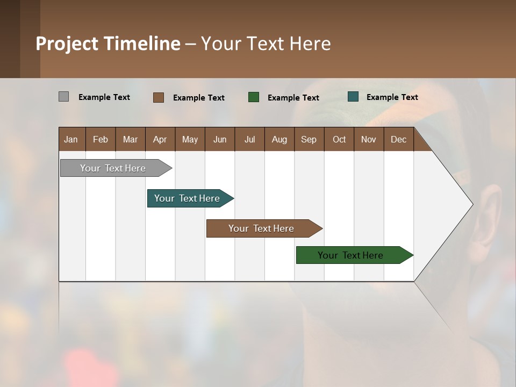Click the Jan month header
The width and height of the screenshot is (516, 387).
(71, 139)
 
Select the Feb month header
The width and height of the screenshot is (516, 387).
(101, 139)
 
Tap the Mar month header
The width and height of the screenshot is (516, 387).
(130, 139)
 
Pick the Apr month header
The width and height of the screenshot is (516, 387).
(160, 139)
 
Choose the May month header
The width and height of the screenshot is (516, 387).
(190, 139)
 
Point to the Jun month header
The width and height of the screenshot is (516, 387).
(220, 139)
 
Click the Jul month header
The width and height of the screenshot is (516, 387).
(249, 139)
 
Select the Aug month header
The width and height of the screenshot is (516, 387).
(279, 139)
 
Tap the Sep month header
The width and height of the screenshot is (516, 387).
(309, 139)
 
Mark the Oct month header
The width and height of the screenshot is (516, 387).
(339, 139)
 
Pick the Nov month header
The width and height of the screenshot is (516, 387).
(369, 139)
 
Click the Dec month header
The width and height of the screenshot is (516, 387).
(399, 139)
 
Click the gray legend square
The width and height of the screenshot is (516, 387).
(63, 97)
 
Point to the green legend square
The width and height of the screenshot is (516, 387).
(254, 97)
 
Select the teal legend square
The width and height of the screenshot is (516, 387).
(353, 97)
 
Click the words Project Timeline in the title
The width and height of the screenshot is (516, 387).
(108, 44)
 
